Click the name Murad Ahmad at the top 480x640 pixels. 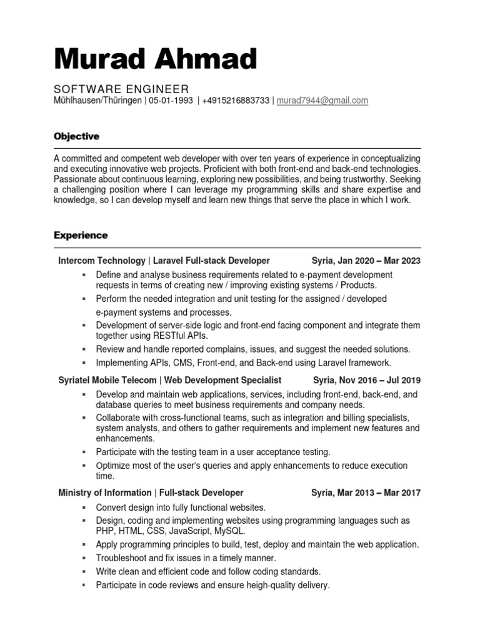coord(155,59)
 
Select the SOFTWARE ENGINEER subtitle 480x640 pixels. coord(121,89)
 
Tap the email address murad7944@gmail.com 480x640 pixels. coord(322,100)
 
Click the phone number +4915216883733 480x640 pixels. coord(236,100)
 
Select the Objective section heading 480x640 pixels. coord(76,136)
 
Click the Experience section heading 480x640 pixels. coord(81,235)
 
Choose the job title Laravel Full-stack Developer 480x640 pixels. coord(211,261)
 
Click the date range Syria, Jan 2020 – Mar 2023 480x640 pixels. coord(366,261)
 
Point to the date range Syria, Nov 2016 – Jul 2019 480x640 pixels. coord(366,380)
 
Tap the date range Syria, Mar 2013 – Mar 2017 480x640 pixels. coord(366,492)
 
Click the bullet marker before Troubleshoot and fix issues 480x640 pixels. coord(82,557)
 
